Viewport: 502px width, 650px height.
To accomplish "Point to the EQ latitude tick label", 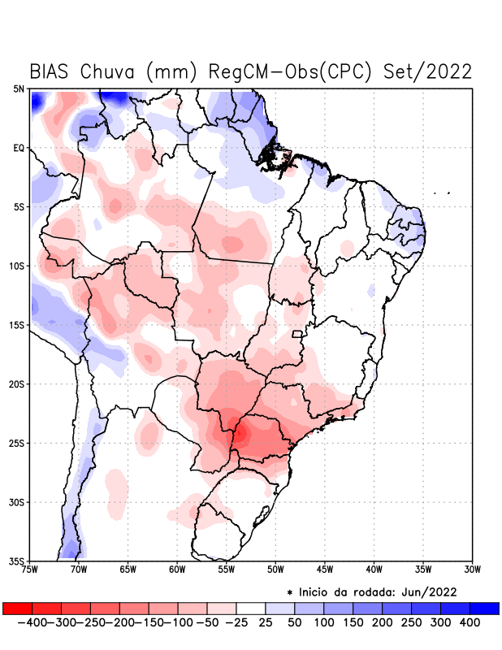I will (19, 148).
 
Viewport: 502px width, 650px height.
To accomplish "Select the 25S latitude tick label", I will (17, 443).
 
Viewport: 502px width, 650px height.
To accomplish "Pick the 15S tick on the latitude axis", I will (17, 325).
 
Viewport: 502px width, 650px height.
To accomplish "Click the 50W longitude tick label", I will (275, 568).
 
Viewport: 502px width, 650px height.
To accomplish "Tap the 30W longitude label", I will (472, 568).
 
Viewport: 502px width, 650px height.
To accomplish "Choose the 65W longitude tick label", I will (128, 568).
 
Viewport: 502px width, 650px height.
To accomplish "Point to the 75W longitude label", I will (30, 568).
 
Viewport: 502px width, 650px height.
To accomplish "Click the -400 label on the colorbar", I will (33, 622).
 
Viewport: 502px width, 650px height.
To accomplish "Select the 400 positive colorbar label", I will (470, 622).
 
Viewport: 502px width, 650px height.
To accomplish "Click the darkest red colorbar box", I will (18, 609).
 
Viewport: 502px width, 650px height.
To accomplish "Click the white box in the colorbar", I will (251, 609).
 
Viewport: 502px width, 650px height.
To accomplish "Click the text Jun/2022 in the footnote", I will (430, 591).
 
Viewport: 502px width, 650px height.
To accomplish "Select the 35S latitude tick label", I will (17, 561).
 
